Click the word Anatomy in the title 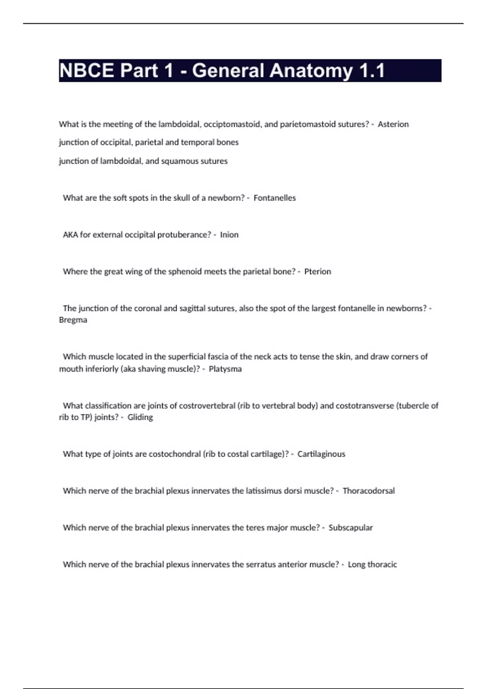[311, 71]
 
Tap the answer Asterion [393, 124]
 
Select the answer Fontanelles [274, 198]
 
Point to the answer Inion [229, 235]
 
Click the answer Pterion [317, 272]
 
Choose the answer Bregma [73, 320]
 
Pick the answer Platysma [225, 369]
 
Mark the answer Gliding [140, 417]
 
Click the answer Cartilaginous [321, 454]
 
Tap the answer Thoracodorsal [368, 491]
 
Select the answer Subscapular [350, 528]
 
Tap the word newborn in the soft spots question [225, 198]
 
